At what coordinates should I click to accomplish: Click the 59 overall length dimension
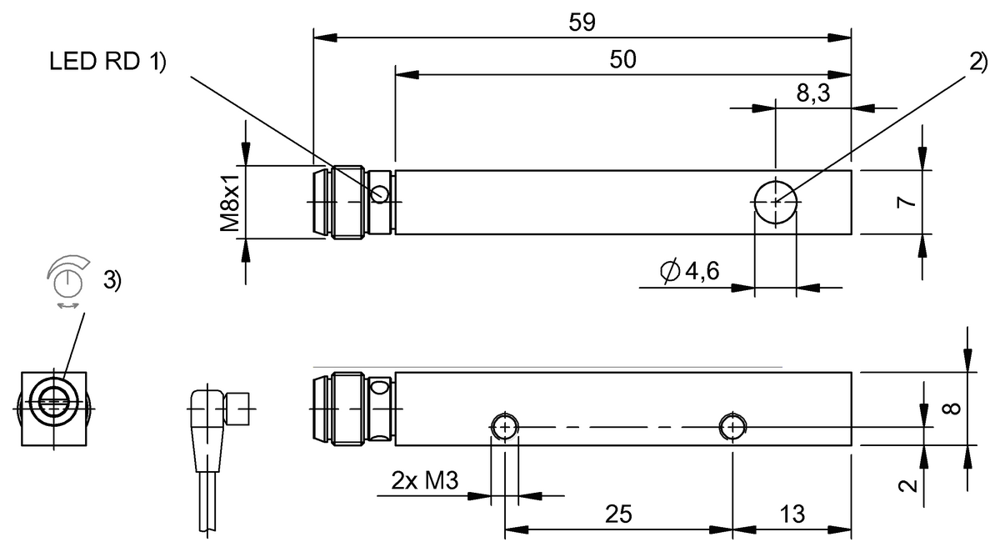[582, 23]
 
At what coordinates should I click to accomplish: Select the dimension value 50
[622, 59]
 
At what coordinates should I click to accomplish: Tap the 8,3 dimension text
[812, 93]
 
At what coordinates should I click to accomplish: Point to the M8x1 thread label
[231, 202]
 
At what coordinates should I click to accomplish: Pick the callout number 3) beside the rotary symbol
[112, 281]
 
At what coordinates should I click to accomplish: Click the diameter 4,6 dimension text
[688, 271]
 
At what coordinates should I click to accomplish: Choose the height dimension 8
[953, 409]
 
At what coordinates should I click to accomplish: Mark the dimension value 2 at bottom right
[912, 484]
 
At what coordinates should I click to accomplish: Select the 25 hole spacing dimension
[618, 514]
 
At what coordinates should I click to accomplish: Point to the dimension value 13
[792, 514]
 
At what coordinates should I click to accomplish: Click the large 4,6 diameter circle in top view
[775, 201]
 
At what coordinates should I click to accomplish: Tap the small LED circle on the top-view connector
[380, 195]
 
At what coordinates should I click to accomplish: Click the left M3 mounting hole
[504, 427]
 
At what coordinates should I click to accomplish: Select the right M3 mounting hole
[732, 427]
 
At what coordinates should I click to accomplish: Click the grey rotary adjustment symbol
[65, 280]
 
